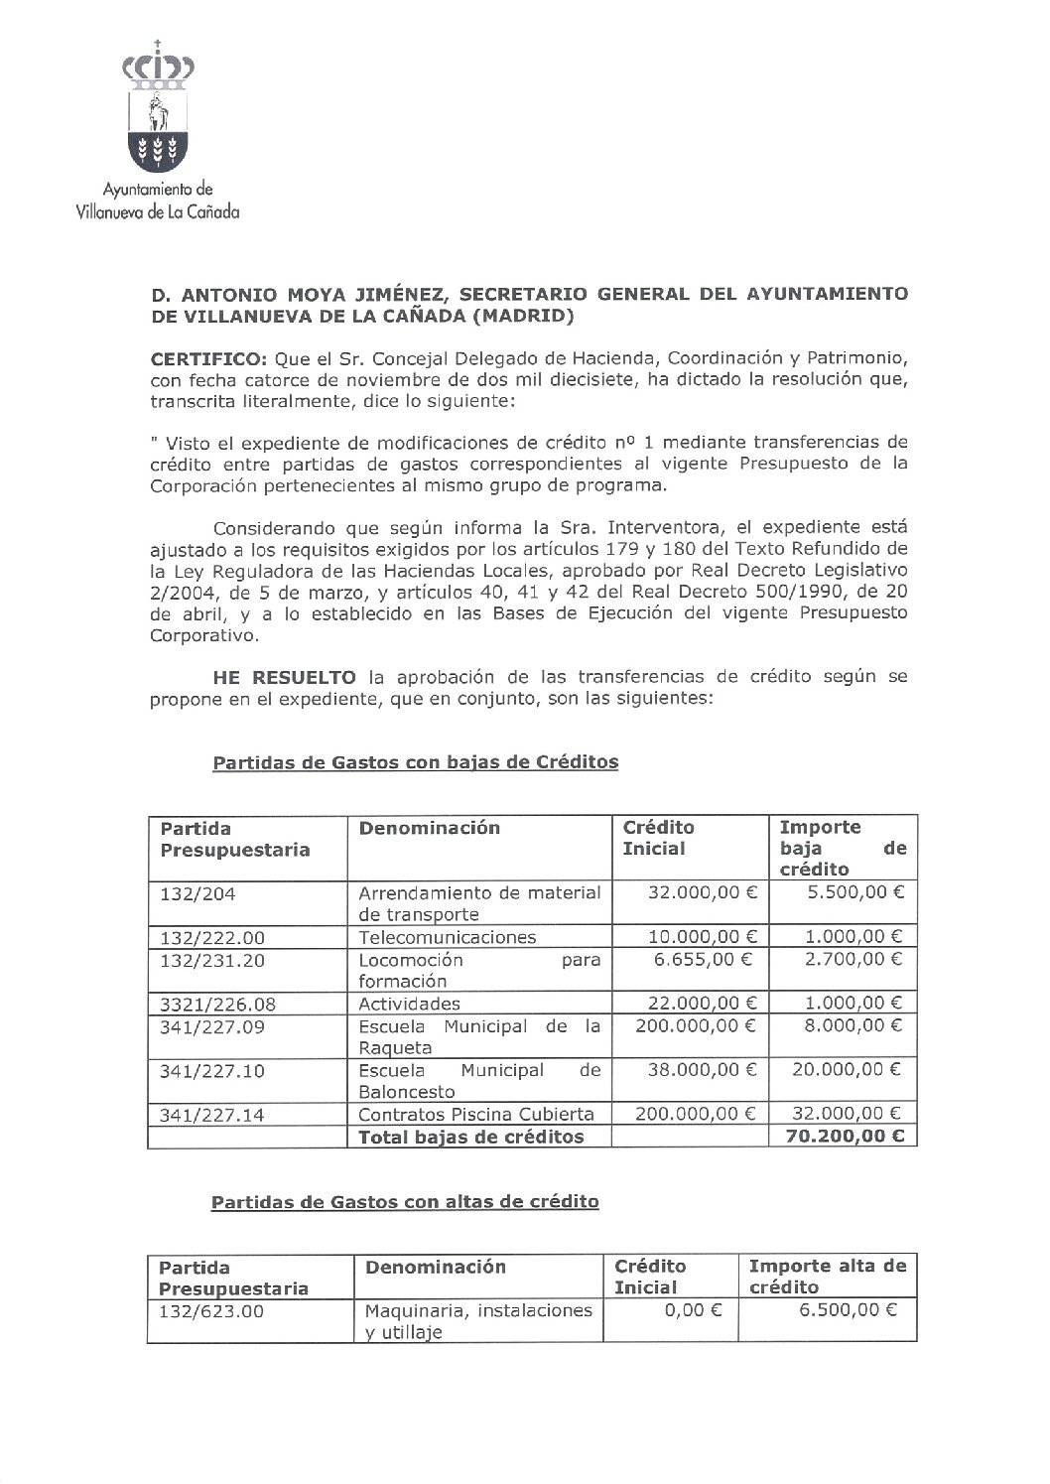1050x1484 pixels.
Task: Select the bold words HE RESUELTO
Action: pyautogui.click(x=284, y=677)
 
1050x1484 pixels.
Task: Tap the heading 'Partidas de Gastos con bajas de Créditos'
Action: pyautogui.click(x=415, y=762)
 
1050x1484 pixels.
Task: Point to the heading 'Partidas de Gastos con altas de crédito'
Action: pyautogui.click(x=405, y=1201)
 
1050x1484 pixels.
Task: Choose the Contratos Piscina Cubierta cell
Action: pyautogui.click(x=475, y=1114)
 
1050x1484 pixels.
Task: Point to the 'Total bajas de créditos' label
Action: pyautogui.click(x=470, y=1137)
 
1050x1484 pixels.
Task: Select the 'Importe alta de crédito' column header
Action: pyautogui.click(x=827, y=1277)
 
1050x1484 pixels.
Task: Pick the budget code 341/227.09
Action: pyautogui.click(x=212, y=1026)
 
